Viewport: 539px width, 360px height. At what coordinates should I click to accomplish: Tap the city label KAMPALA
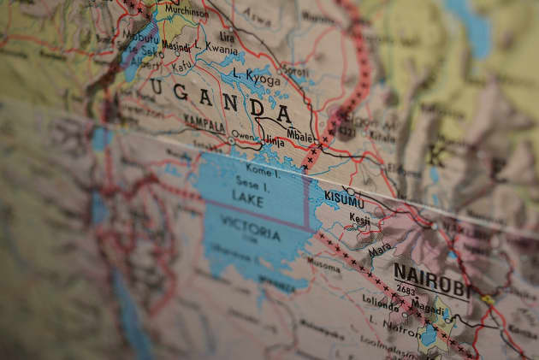pyautogui.click(x=204, y=125)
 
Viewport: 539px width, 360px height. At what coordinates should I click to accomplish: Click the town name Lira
pyautogui.click(x=227, y=38)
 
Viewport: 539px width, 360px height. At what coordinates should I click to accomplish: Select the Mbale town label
pyautogui.click(x=299, y=134)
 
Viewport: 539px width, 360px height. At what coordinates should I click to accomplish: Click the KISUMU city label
pyautogui.click(x=345, y=202)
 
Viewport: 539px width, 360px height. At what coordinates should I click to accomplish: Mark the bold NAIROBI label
pyautogui.click(x=431, y=283)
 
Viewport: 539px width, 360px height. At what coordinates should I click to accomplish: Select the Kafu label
pyautogui.click(x=183, y=64)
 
